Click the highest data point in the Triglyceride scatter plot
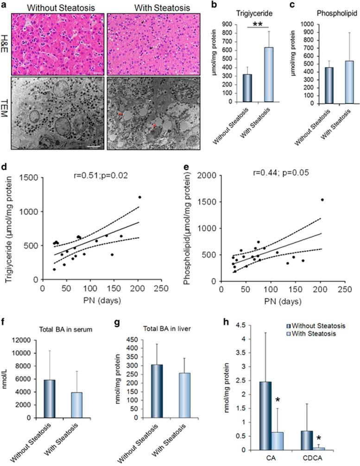pos(139,197)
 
